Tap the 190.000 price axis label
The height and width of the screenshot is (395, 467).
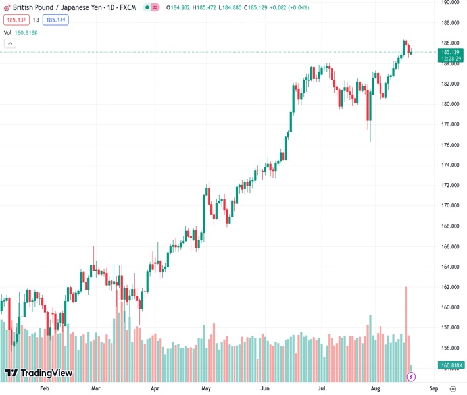click(x=450, y=3)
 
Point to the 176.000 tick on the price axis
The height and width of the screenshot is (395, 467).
click(x=450, y=145)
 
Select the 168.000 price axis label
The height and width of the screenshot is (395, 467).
click(x=450, y=226)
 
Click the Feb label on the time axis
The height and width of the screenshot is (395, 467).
click(x=45, y=388)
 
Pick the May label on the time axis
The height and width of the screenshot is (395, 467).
click(x=206, y=388)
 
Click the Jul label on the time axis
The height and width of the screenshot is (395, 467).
click(x=322, y=388)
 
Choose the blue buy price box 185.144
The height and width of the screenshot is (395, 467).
click(x=56, y=20)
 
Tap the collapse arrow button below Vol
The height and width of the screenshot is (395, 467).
click(x=10, y=43)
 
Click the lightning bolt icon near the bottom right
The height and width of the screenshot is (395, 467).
click(x=412, y=377)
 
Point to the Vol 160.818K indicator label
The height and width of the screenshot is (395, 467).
click(x=21, y=32)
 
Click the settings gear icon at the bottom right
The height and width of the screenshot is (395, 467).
click(x=453, y=388)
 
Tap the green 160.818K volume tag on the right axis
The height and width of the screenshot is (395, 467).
click(x=452, y=365)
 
